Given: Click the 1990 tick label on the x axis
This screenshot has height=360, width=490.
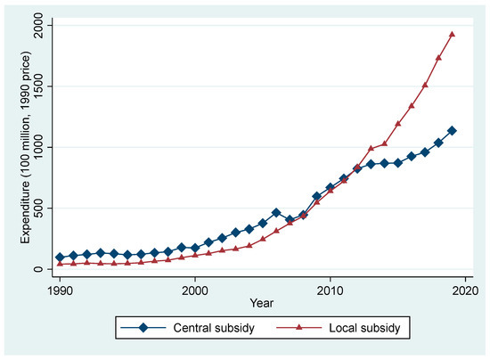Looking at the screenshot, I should (60, 291).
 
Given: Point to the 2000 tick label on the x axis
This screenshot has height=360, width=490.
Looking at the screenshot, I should (195, 291).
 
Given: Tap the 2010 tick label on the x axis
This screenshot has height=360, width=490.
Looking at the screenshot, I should (331, 291).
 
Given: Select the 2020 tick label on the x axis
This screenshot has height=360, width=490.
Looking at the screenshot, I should (465, 291).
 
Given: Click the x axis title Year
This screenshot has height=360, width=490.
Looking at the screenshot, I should (263, 306).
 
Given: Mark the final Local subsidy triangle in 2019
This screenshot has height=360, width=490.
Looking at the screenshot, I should (452, 35).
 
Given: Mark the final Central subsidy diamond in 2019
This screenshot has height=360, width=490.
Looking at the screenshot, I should (452, 131).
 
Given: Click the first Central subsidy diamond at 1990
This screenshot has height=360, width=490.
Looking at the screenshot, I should (60, 258).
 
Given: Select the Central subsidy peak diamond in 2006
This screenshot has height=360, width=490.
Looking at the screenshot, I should (276, 213).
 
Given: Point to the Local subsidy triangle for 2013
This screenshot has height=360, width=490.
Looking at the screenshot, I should (371, 149).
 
